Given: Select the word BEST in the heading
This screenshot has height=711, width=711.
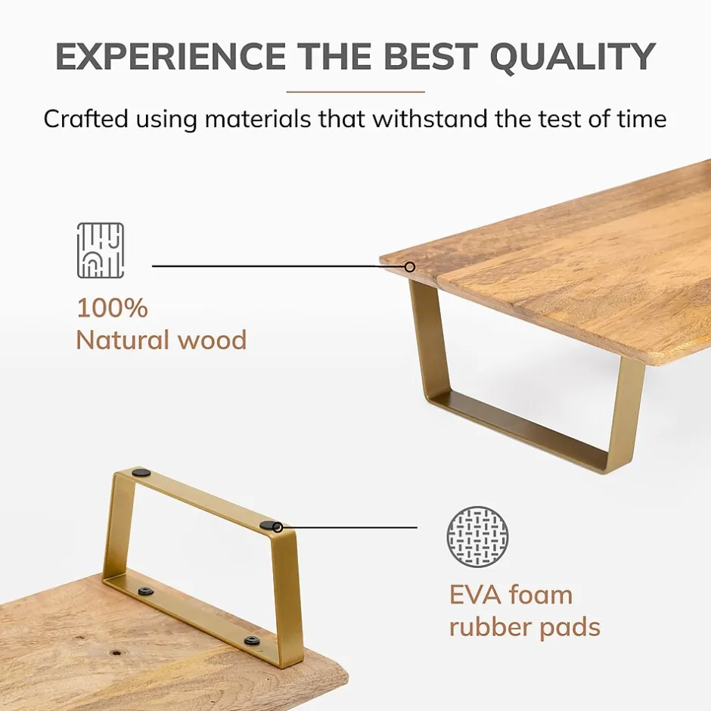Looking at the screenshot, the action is (432, 56).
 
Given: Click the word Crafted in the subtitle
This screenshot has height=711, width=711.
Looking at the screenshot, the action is (85, 120).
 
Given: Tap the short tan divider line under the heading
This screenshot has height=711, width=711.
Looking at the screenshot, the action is (355, 92).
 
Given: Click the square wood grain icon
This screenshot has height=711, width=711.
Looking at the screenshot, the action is (100, 250).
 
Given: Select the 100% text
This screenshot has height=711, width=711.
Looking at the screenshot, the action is (113, 309).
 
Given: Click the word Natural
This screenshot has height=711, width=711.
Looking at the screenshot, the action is (123, 340).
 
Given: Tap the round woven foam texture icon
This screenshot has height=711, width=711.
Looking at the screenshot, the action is (477, 537).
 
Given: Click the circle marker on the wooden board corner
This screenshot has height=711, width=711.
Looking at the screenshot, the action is (410, 266).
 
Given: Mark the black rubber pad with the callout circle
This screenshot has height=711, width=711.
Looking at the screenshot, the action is (270, 526).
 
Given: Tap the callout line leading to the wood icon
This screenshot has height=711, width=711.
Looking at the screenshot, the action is (278, 266).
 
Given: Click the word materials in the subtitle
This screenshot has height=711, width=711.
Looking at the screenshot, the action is (258, 120).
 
